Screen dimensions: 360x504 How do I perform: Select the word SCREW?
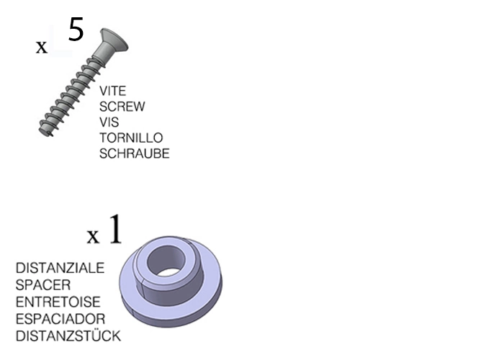(122, 107)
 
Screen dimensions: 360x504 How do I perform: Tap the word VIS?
(109, 122)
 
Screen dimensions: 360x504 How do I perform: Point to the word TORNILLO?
(131, 138)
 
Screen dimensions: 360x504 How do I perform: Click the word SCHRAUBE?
(134, 154)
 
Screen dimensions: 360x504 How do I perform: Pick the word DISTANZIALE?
(60, 268)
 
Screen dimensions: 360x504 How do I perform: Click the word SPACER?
(43, 284)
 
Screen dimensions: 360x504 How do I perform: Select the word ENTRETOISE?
(58, 302)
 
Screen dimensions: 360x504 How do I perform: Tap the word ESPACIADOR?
(60, 318)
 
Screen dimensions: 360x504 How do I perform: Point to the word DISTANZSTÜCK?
(68, 336)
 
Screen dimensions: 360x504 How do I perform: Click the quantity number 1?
(115, 230)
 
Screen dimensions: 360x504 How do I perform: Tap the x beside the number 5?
(42, 48)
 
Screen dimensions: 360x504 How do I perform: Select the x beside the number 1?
(93, 236)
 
